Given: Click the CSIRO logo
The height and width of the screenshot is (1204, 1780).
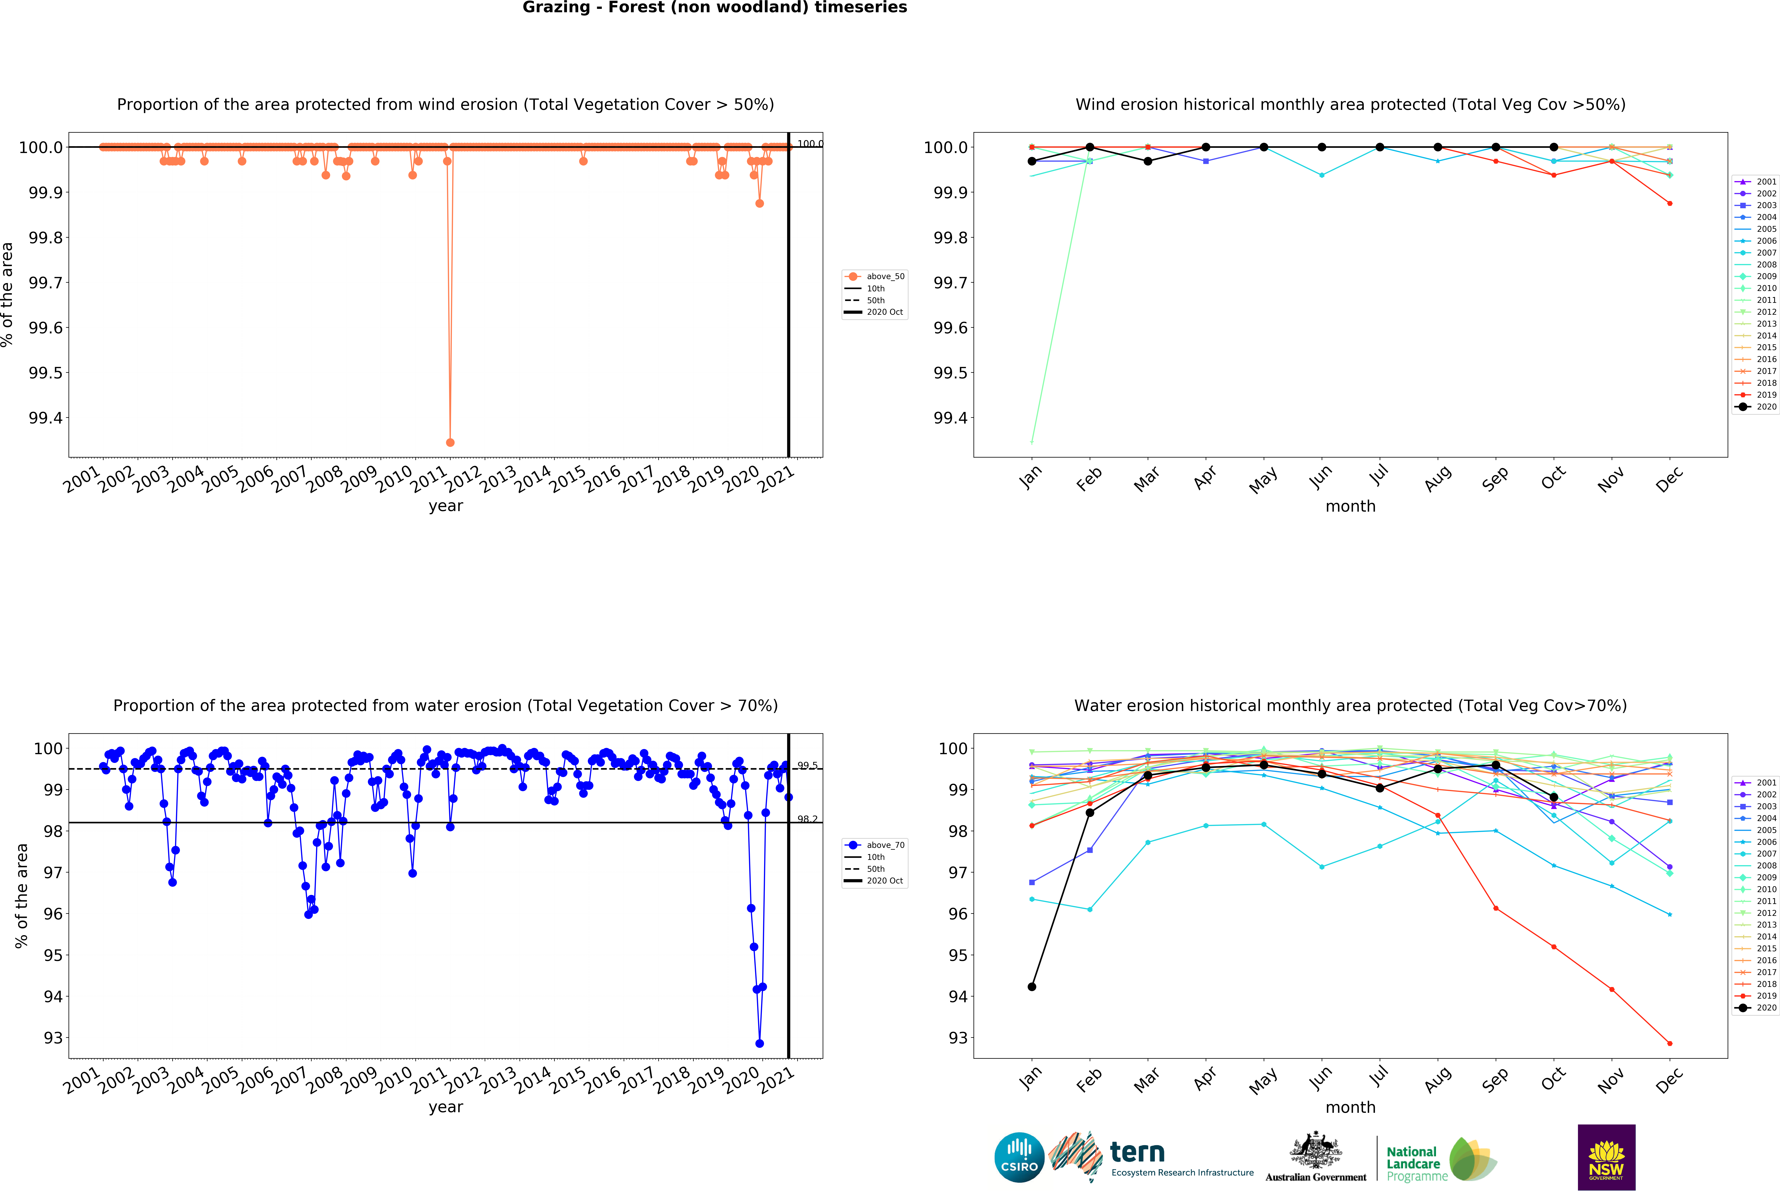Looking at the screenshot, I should point(1019,1157).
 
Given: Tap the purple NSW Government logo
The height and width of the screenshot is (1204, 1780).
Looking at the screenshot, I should point(1606,1157).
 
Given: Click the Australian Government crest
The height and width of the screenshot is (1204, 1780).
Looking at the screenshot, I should point(1315,1150).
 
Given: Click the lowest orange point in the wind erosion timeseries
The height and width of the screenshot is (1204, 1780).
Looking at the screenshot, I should point(450,442).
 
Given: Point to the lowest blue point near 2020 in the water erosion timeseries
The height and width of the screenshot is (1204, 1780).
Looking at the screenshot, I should point(759,1043).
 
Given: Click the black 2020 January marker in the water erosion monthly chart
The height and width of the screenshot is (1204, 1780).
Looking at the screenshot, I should point(1032,986).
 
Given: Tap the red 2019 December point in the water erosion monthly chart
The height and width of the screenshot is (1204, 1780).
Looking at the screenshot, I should point(1670,1043).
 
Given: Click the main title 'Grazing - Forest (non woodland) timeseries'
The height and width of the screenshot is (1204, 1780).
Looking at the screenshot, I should point(715,8).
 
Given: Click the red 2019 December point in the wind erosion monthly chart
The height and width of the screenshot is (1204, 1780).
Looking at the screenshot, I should point(1670,203).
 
